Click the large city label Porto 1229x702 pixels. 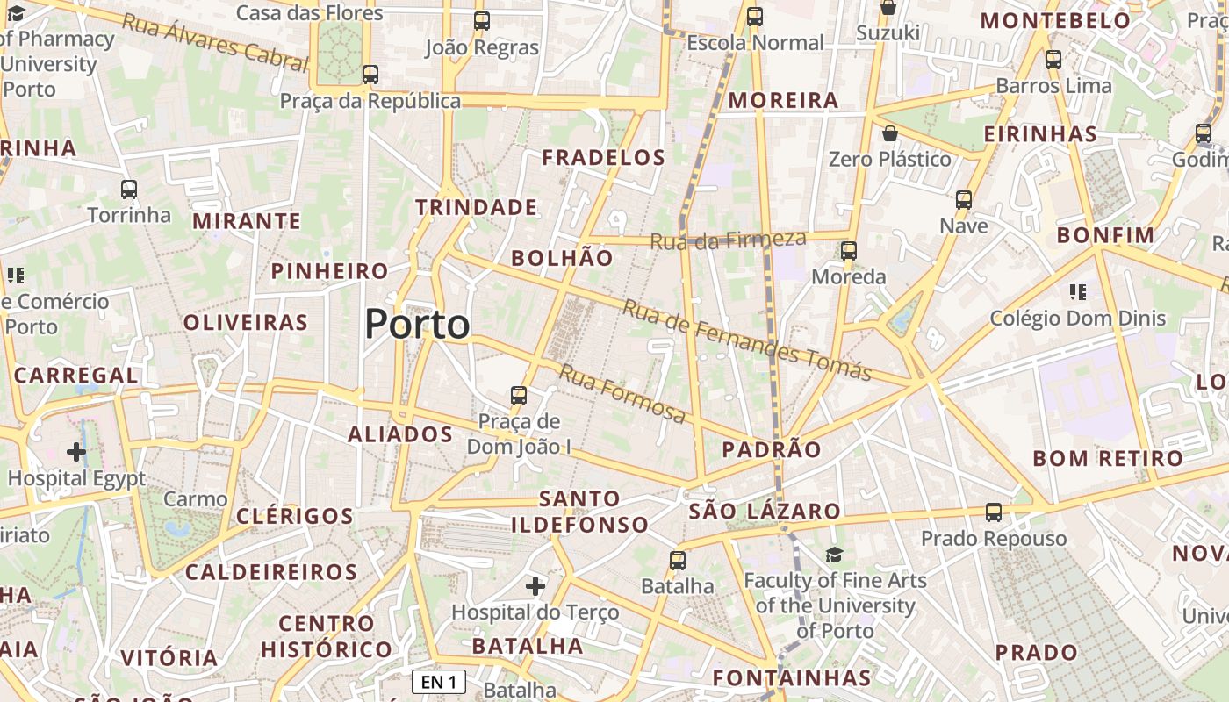(x=417, y=324)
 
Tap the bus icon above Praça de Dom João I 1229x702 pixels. (x=519, y=396)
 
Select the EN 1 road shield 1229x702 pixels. (x=439, y=682)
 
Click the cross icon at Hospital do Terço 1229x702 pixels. (x=535, y=585)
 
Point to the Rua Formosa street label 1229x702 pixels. (x=622, y=394)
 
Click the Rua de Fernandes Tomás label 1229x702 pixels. (x=747, y=340)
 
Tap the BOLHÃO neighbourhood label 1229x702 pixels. (x=562, y=258)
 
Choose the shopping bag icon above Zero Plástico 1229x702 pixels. (x=890, y=134)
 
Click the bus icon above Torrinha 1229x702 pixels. (x=129, y=189)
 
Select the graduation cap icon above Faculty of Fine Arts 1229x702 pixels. (x=834, y=555)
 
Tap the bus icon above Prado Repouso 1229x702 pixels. (x=994, y=512)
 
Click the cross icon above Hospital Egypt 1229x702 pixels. (x=76, y=452)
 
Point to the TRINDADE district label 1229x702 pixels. (x=476, y=207)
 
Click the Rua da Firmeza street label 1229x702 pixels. (x=728, y=239)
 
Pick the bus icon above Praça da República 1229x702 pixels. (x=370, y=75)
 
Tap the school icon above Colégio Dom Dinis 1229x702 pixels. (x=1077, y=292)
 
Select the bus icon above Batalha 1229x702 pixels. (x=678, y=560)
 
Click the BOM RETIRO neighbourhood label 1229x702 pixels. (x=1108, y=458)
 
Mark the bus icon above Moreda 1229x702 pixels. (x=849, y=251)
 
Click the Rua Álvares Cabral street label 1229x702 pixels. (x=215, y=41)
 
